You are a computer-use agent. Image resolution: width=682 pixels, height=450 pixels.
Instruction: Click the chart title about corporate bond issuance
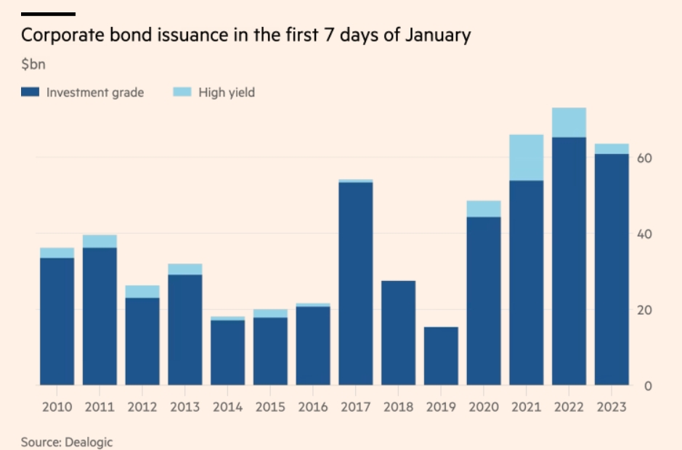click(245, 36)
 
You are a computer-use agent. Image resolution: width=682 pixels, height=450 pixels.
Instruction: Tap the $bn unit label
click(33, 65)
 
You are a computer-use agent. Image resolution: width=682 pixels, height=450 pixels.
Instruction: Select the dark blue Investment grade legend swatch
click(30, 91)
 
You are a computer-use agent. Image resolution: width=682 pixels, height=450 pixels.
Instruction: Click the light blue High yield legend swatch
click(182, 91)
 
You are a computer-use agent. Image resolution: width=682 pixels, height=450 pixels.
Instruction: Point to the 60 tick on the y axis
click(644, 158)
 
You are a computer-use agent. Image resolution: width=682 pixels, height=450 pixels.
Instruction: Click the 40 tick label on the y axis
click(644, 234)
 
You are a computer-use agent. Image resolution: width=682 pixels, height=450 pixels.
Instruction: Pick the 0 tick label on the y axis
click(648, 385)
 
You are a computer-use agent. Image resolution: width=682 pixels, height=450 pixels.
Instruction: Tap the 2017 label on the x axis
click(355, 407)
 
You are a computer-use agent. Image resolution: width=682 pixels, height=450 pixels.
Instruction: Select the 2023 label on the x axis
click(612, 407)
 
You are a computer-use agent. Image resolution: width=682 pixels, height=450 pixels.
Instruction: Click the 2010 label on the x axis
click(57, 407)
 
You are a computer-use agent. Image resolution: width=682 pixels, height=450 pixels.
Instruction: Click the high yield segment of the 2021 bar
click(527, 157)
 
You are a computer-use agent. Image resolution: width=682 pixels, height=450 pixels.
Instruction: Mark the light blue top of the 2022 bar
click(569, 123)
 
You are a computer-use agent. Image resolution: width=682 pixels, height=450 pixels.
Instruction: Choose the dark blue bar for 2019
click(441, 356)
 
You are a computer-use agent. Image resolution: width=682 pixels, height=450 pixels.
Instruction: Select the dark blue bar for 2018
click(399, 333)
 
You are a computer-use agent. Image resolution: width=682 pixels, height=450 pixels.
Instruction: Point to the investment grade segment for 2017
click(356, 284)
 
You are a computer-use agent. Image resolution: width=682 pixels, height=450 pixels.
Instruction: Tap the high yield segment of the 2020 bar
click(484, 209)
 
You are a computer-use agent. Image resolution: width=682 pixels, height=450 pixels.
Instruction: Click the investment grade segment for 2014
click(227, 353)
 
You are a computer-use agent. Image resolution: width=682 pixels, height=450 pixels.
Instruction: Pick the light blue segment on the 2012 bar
click(142, 292)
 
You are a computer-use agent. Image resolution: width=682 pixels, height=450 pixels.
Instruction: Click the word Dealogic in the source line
click(89, 443)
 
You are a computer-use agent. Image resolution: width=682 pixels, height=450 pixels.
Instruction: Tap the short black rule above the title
click(48, 15)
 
